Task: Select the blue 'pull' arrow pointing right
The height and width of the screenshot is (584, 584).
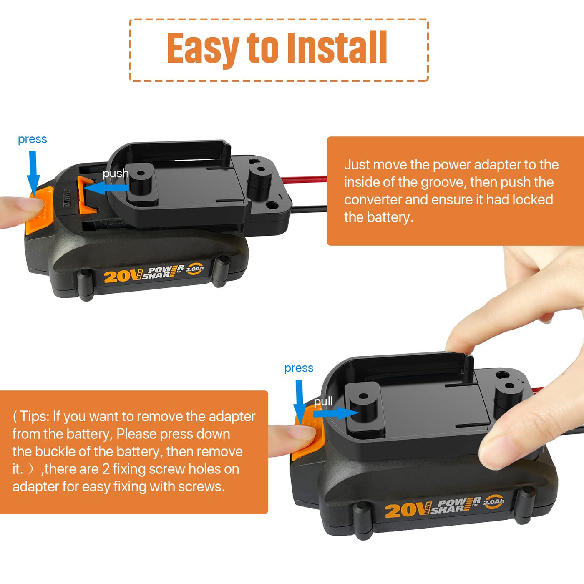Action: (336, 413)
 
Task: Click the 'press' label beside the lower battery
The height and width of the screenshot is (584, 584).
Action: (299, 368)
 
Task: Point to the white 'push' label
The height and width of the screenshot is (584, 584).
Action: (116, 174)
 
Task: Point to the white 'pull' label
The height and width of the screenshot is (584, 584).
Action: (323, 402)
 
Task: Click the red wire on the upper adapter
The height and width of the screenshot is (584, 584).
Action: (304, 180)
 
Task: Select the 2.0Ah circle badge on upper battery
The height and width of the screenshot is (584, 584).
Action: (194, 269)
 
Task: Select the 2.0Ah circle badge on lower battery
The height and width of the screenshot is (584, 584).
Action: (493, 501)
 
